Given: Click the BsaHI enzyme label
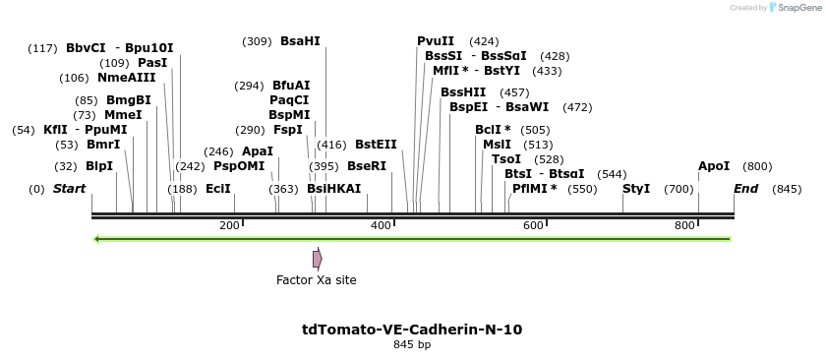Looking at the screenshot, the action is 300,41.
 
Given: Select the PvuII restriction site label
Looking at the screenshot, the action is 436,41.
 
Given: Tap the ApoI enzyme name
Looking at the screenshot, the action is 714,166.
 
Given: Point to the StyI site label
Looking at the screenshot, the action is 636,189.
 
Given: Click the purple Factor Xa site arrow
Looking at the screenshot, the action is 317,259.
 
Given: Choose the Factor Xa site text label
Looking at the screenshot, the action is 316,280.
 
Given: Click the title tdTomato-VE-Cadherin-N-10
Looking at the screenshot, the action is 412,330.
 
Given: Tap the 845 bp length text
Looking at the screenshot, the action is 412,345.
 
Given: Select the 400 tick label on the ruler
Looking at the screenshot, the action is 382,226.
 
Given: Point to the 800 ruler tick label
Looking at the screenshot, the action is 685,226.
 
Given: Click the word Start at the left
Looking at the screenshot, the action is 69,189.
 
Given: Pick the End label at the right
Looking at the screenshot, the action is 745,189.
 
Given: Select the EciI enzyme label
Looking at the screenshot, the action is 218,189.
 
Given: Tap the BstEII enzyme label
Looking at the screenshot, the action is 376,145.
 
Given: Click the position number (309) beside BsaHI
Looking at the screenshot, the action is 257,41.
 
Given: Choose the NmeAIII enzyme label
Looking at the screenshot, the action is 126,78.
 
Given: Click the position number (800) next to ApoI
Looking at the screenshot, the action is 757,166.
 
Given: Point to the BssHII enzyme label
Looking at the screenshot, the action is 463,92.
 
